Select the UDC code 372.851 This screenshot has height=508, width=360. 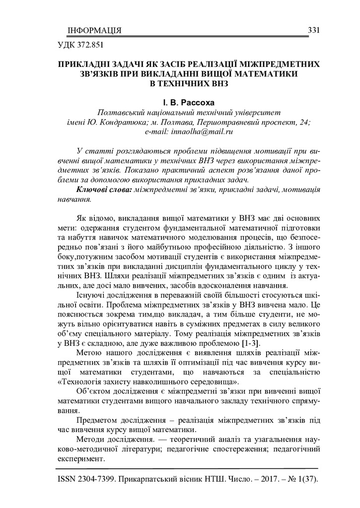tap(89, 48)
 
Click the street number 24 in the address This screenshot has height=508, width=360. tap(305, 122)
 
